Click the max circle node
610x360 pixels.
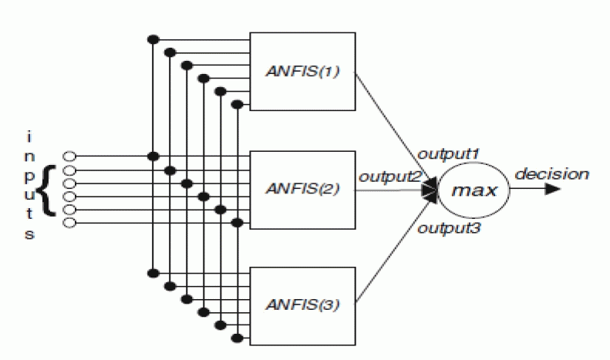[x=473, y=189]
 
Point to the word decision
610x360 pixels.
[x=552, y=173]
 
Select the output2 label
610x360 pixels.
[x=389, y=177]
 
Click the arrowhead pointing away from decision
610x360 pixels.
[x=552, y=189]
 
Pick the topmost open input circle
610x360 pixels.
[x=69, y=156]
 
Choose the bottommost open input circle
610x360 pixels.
[x=69, y=223]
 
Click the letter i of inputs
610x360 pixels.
[x=29, y=137]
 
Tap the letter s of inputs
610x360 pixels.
[x=29, y=234]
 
